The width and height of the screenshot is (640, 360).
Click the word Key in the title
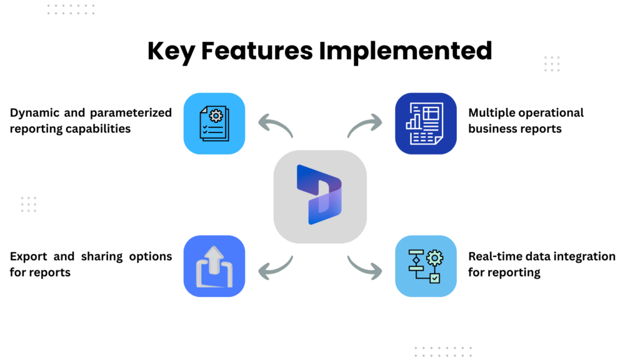tap(171, 52)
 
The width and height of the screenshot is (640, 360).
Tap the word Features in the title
tap(257, 51)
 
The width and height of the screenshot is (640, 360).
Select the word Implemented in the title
tap(406, 51)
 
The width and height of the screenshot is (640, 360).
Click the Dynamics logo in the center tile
tap(319, 195)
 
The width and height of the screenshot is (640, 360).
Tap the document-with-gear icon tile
tap(214, 123)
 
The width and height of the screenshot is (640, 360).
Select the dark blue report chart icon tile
tap(426, 123)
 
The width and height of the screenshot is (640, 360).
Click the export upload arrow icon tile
tap(214, 266)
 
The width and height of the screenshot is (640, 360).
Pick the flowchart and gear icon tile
tap(426, 266)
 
